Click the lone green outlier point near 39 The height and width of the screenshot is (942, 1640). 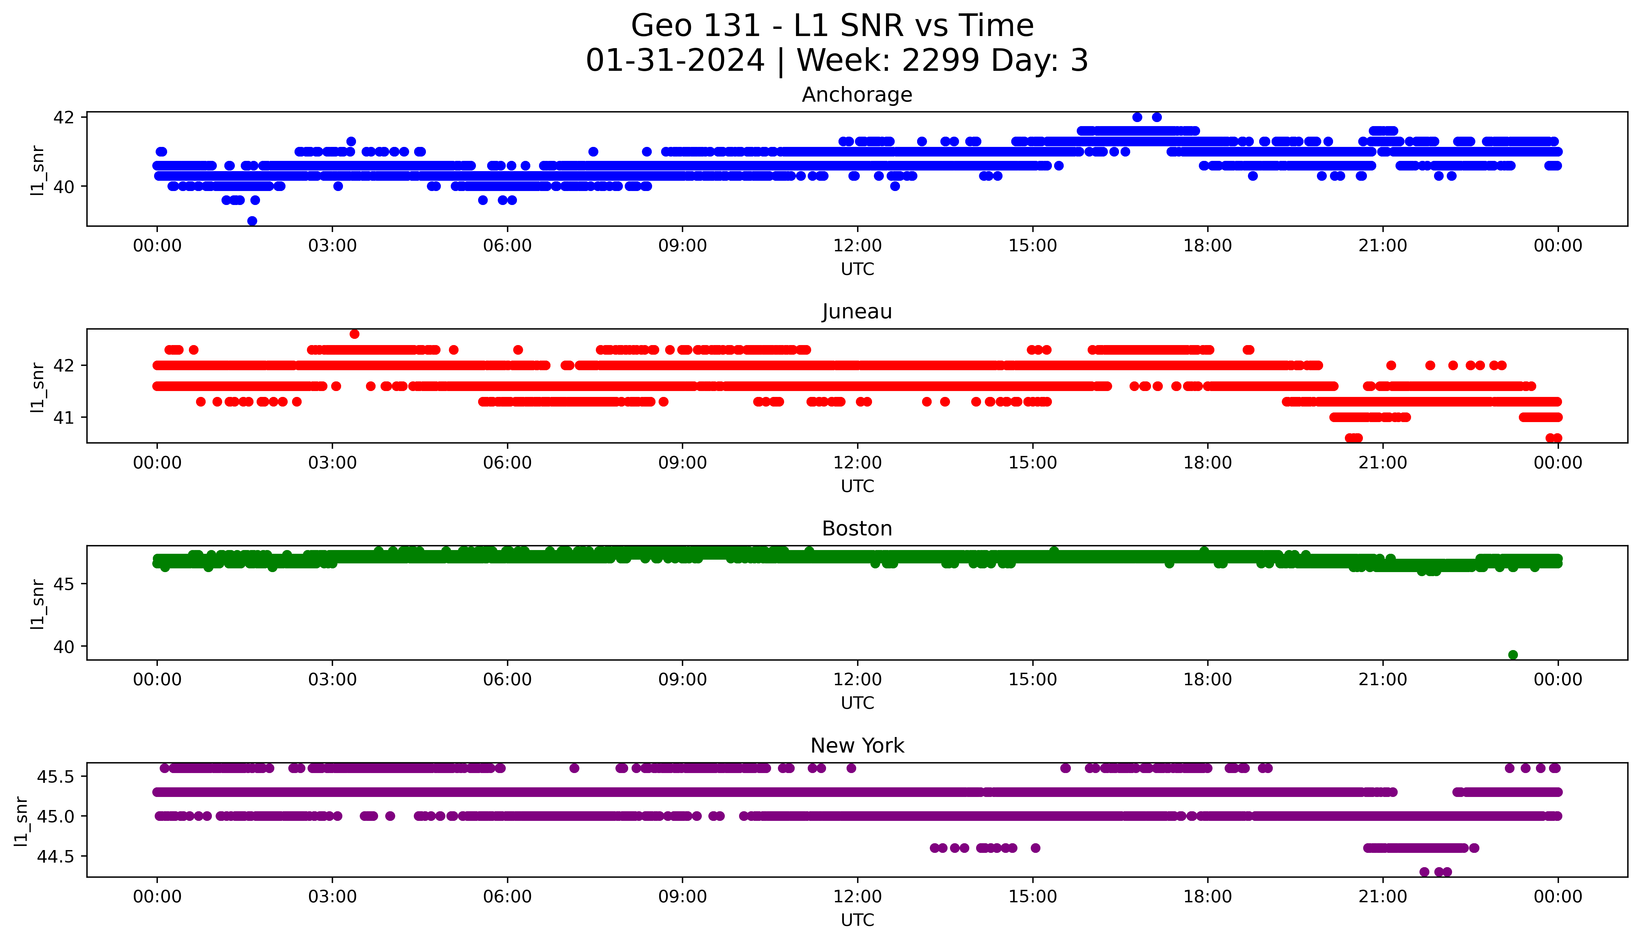[x=1513, y=655]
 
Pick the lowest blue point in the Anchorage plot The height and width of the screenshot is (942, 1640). [x=252, y=221]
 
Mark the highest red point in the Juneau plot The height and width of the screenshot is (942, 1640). [x=354, y=334]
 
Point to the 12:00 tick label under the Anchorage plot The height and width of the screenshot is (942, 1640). [x=857, y=246]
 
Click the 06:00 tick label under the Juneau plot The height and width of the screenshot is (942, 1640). [x=507, y=462]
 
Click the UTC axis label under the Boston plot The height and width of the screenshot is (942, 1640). [x=857, y=703]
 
